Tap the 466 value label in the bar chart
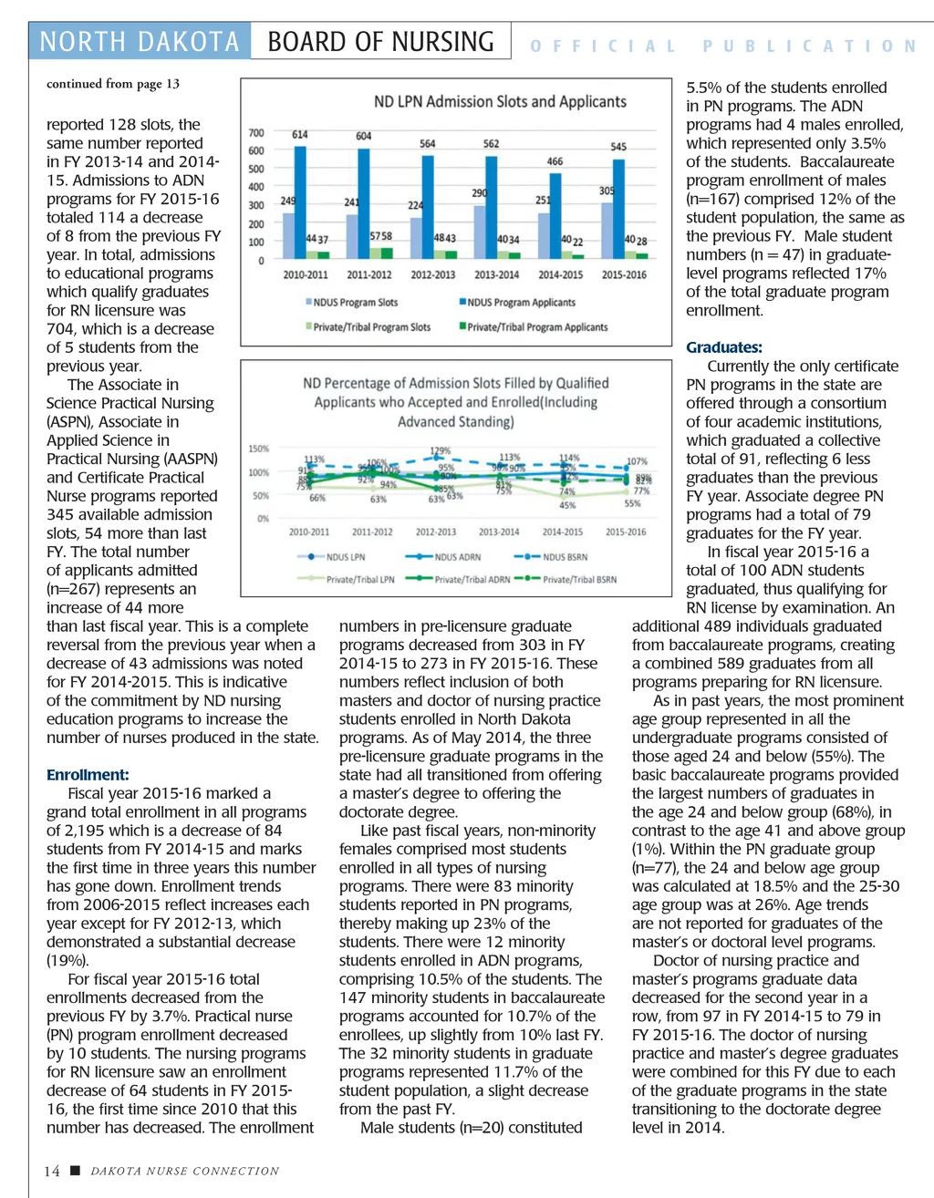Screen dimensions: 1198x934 (x=555, y=161)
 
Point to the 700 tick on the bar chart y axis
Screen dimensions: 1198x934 (x=256, y=133)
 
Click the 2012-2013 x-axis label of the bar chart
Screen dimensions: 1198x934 (x=432, y=274)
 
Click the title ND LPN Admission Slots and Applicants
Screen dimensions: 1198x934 (x=500, y=102)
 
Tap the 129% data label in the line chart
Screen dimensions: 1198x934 (x=441, y=450)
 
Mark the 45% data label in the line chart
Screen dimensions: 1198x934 (x=567, y=505)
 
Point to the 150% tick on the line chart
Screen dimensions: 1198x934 (x=259, y=449)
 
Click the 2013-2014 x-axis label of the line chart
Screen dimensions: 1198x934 (x=499, y=532)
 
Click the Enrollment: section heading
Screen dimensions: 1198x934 (x=88, y=775)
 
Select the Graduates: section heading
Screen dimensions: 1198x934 (x=724, y=347)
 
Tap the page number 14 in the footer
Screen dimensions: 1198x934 (x=52, y=1171)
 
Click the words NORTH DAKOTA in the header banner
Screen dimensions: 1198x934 (x=140, y=42)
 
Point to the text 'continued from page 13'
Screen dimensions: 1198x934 (x=113, y=84)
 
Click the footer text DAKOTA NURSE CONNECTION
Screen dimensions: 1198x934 (x=184, y=1171)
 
